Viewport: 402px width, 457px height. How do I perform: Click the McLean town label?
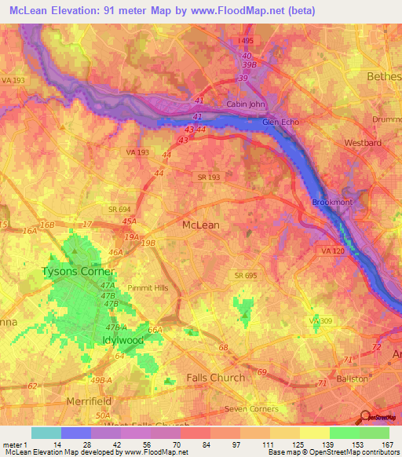point(201,225)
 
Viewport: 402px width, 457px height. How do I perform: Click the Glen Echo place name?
point(281,122)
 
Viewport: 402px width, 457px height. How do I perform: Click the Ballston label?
point(351,378)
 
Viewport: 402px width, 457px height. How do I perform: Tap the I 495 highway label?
point(248,40)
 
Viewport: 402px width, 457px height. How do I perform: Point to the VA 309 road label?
point(321,322)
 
